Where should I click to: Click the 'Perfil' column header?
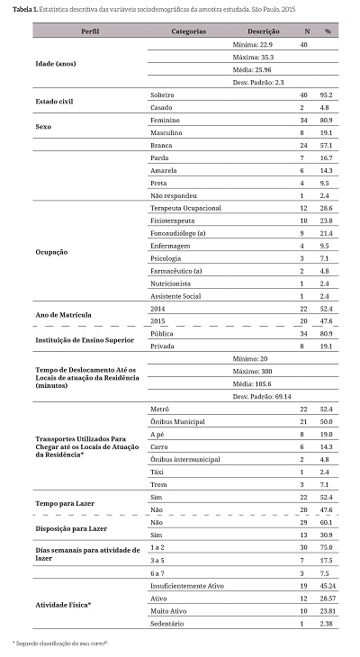90,31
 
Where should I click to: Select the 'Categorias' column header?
189,31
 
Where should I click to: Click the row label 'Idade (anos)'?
55,63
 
